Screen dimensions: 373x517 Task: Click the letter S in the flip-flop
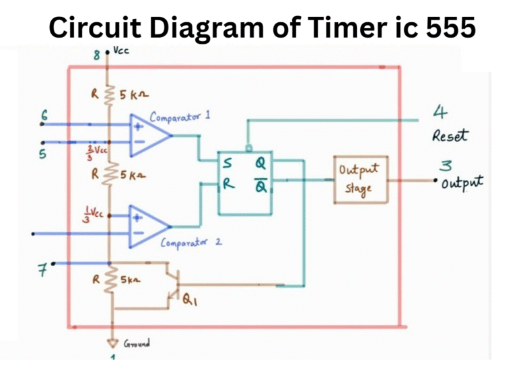(x=230, y=163)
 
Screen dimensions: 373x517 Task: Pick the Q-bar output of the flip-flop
(x=260, y=184)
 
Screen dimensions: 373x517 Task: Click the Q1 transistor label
(x=191, y=303)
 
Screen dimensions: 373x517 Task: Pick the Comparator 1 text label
(x=180, y=116)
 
